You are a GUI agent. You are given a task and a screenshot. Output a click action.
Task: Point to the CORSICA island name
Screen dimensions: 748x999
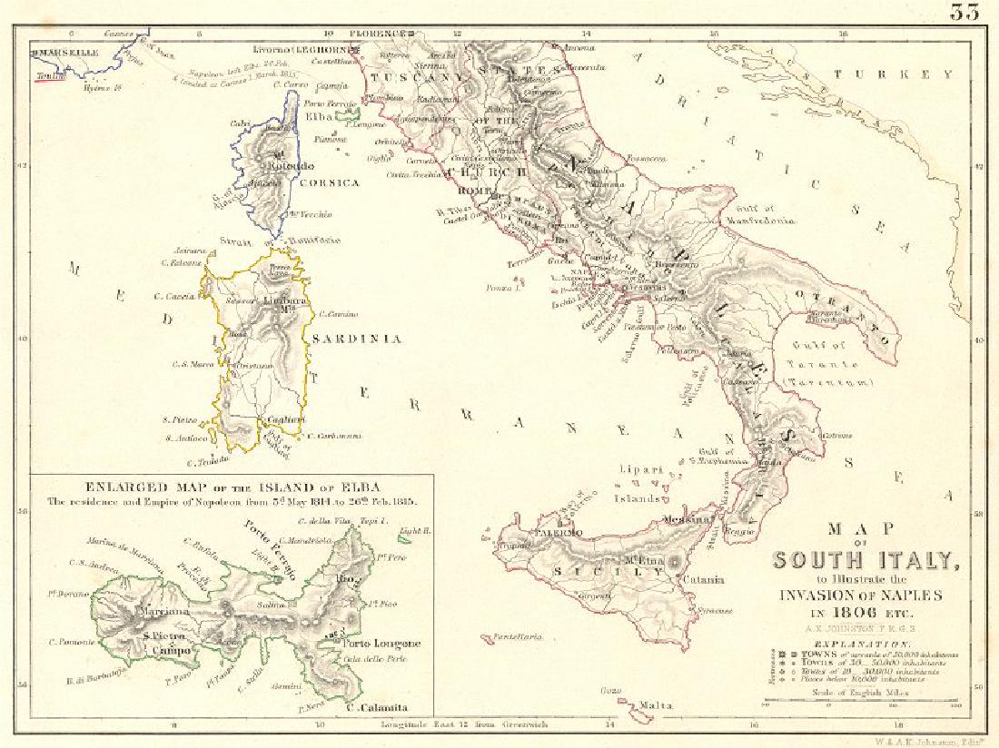click(x=328, y=182)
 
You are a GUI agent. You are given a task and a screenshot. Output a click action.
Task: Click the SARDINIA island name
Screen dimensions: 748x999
click(x=358, y=339)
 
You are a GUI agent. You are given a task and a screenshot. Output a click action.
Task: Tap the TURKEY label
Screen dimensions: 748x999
click(x=915, y=74)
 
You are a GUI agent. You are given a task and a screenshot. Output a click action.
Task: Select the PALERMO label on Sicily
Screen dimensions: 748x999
click(x=562, y=533)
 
